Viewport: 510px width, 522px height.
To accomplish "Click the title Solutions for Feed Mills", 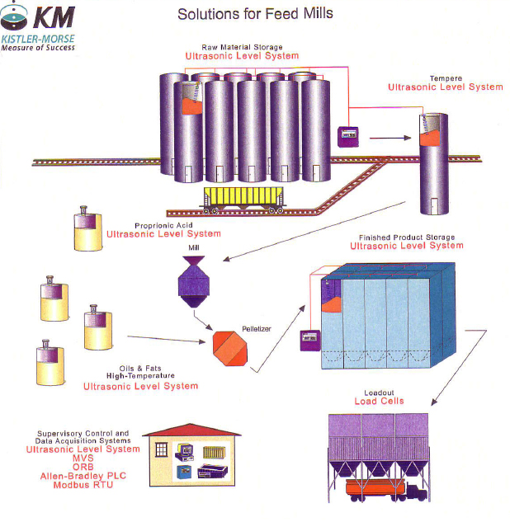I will tap(255, 14).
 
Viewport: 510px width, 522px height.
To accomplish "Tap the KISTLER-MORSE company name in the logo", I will tap(37, 39).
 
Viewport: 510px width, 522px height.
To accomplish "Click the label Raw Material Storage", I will tap(242, 47).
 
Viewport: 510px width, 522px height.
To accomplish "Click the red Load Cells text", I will tap(379, 402).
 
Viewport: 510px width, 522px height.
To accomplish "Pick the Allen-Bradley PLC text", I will tap(75, 476).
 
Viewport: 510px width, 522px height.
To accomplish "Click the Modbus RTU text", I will tap(75, 485).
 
